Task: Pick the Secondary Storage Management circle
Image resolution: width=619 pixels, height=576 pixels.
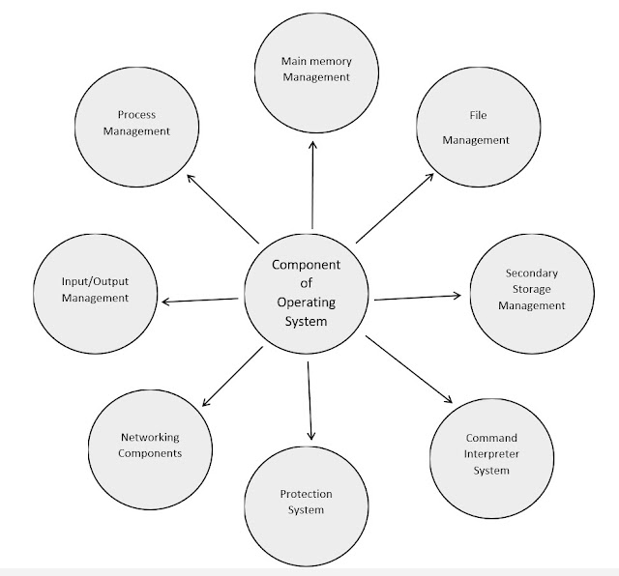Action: pyautogui.click(x=527, y=289)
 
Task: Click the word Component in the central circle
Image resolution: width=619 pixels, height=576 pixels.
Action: pyautogui.click(x=307, y=265)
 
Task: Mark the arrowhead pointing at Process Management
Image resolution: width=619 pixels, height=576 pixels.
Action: pyautogui.click(x=191, y=176)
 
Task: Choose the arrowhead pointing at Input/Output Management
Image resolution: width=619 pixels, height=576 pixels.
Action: pyautogui.click(x=165, y=302)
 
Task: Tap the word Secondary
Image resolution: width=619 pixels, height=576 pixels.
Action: pyautogui.click(x=530, y=274)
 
